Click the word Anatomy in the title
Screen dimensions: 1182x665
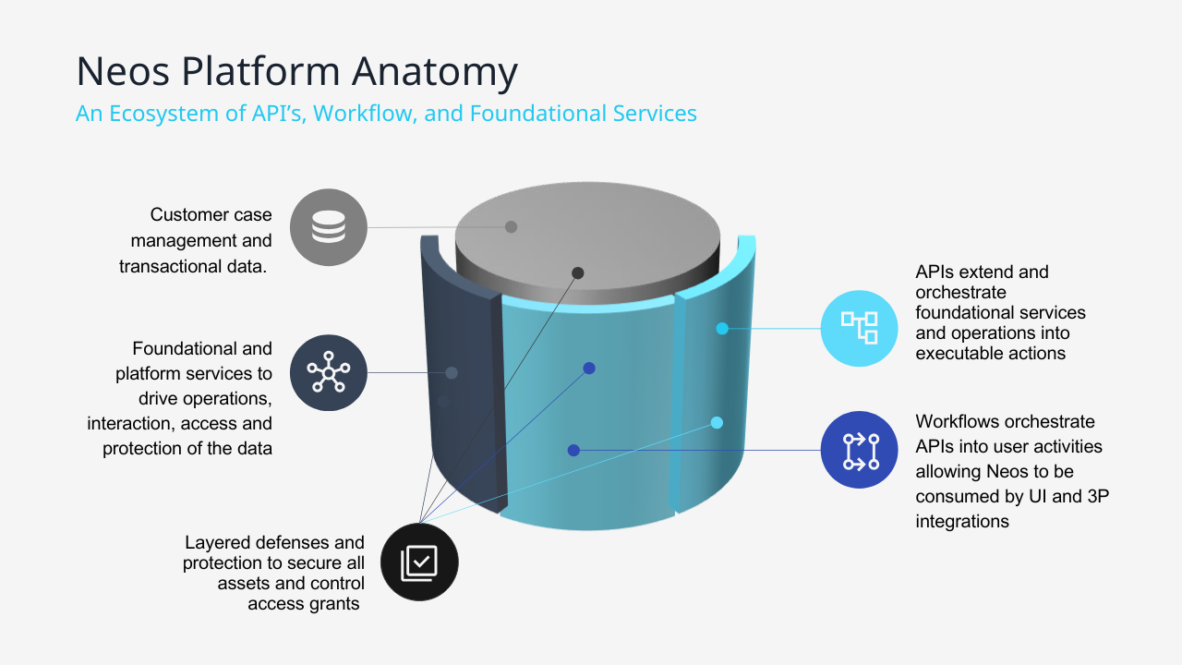(x=435, y=72)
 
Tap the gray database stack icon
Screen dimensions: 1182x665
(x=328, y=227)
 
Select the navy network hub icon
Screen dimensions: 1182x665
(x=328, y=372)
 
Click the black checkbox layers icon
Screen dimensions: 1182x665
(x=419, y=562)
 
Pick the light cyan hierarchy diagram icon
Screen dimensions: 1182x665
(x=859, y=328)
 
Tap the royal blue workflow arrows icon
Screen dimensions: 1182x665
(x=859, y=450)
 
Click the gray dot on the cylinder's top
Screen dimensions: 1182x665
(x=511, y=227)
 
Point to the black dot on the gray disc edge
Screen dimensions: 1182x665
(x=578, y=272)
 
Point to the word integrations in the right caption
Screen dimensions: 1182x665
(x=962, y=522)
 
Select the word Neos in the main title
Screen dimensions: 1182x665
(x=123, y=71)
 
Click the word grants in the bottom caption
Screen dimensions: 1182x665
(x=335, y=604)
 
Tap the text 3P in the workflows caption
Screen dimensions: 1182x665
(x=1098, y=496)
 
